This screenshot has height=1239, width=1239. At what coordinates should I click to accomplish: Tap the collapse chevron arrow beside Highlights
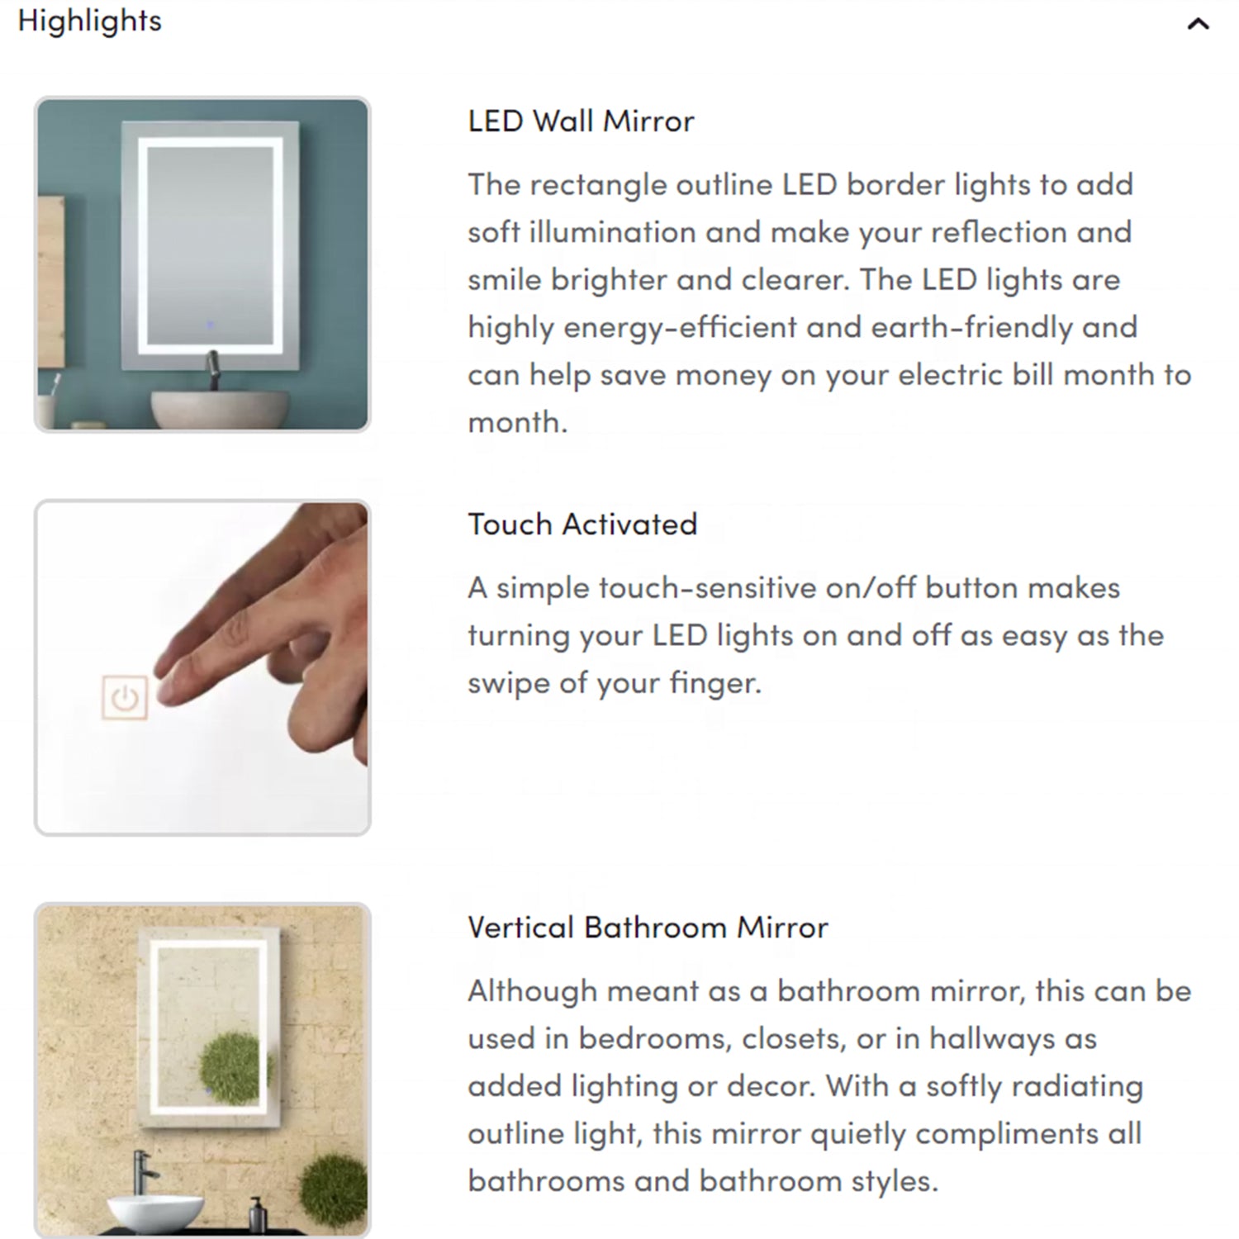[x=1198, y=24]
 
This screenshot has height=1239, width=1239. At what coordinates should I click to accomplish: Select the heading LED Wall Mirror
[x=581, y=121]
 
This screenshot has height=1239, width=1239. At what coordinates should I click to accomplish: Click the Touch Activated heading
[x=582, y=525]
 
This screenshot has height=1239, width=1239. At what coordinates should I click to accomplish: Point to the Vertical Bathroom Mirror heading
[x=648, y=928]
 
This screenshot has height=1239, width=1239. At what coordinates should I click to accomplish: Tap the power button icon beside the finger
[x=125, y=698]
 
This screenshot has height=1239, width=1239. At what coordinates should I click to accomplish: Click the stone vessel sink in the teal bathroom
[x=221, y=408]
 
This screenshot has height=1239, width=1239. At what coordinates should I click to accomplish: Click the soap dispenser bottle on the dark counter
[x=257, y=1215]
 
